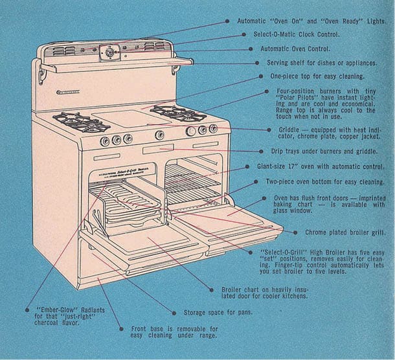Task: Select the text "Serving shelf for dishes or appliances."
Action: point(322,63)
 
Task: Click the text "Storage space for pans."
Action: point(218,312)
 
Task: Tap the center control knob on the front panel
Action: point(159,135)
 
